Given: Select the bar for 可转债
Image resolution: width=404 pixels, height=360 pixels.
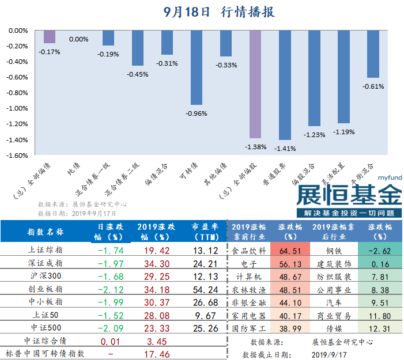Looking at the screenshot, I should tap(196, 67).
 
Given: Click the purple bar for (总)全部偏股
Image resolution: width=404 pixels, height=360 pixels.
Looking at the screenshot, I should tap(255, 84).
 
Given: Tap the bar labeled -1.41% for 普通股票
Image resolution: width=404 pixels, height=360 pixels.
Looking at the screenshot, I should tap(285, 85).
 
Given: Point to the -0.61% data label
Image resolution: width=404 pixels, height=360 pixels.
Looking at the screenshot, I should tap(373, 86).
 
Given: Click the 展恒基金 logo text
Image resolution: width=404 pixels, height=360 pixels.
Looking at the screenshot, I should tap(349, 195).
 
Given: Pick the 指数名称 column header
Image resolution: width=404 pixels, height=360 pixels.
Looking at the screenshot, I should tap(47, 232).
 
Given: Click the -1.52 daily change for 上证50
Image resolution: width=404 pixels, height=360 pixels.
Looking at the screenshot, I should tap(111, 316).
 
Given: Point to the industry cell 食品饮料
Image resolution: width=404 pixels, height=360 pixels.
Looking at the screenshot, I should tap(249, 251).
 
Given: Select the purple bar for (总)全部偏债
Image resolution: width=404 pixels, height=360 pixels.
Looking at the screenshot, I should tap(50, 37).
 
